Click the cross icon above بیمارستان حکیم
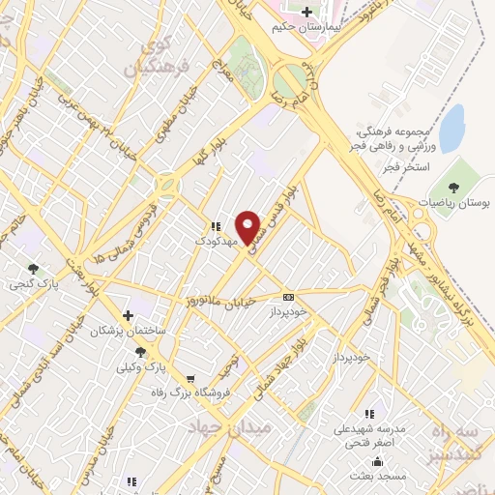click(x=307, y=13)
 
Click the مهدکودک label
click(x=215, y=242)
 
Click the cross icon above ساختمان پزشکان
click(x=128, y=315)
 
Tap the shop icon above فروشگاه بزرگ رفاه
click(x=191, y=378)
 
